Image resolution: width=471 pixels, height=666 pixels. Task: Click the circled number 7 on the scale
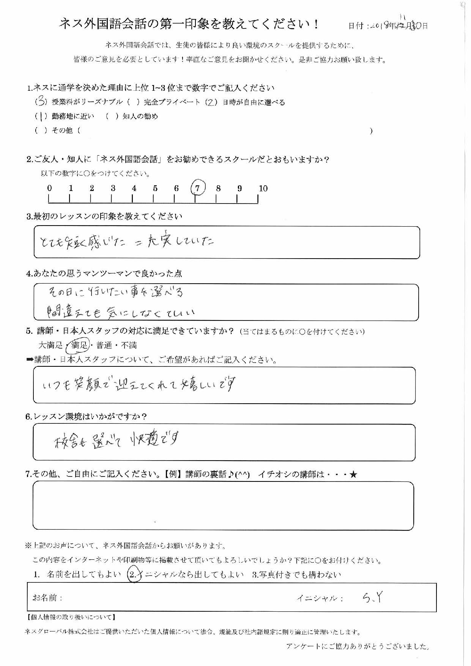pos(197,188)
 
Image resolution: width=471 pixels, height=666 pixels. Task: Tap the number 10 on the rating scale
pos(263,188)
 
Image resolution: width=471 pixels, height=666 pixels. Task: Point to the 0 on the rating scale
pos(49,188)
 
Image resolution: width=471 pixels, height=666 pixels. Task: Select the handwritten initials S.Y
pos(372,598)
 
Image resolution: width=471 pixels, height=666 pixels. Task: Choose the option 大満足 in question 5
pos(50,345)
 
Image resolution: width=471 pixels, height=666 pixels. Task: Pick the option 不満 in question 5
pos(129,345)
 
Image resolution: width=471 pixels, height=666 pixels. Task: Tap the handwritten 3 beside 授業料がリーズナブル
pos(41,102)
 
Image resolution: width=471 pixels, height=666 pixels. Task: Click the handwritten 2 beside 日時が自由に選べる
pos(211,102)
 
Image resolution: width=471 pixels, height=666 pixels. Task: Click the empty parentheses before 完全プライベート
pos(134,102)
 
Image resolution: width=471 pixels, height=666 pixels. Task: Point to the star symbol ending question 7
pos(353,474)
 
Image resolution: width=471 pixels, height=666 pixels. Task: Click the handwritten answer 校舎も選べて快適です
pos(116,440)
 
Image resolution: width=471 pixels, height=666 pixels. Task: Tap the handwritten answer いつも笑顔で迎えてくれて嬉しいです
pos(140,385)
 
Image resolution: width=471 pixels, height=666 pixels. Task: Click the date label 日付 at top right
pos(356,26)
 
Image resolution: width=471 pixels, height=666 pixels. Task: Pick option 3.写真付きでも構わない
pos(296,574)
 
